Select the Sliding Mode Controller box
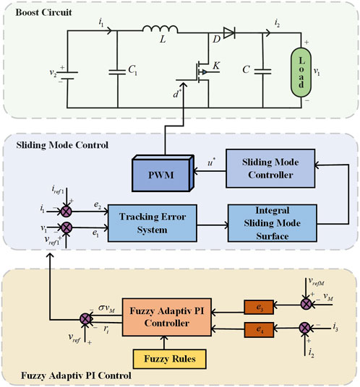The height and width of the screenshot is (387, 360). coord(270,168)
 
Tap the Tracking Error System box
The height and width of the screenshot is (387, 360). coord(153,223)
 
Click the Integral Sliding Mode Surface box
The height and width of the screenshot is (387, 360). coord(272,223)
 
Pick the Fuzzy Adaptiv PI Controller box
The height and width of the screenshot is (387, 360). coord(167,317)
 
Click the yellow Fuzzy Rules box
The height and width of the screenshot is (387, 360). coord(169,359)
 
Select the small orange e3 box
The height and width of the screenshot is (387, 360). coord(259,308)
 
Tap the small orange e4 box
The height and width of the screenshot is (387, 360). coord(259,329)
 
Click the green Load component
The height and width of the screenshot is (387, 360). coord(301,72)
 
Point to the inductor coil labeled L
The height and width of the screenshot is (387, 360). coord(160,29)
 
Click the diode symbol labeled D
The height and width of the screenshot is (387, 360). coord(229,32)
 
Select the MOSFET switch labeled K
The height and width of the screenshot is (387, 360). coord(202,72)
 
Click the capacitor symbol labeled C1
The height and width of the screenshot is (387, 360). coord(117,72)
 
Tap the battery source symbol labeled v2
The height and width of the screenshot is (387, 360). coord(67,75)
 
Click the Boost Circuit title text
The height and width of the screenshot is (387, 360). coord(43,12)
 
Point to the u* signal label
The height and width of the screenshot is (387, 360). coord(211,162)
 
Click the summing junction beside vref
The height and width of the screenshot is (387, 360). coord(86,319)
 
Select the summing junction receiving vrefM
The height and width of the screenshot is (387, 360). coord(307,304)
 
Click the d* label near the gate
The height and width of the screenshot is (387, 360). coord(177,94)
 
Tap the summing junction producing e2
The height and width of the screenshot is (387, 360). coord(67,212)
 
